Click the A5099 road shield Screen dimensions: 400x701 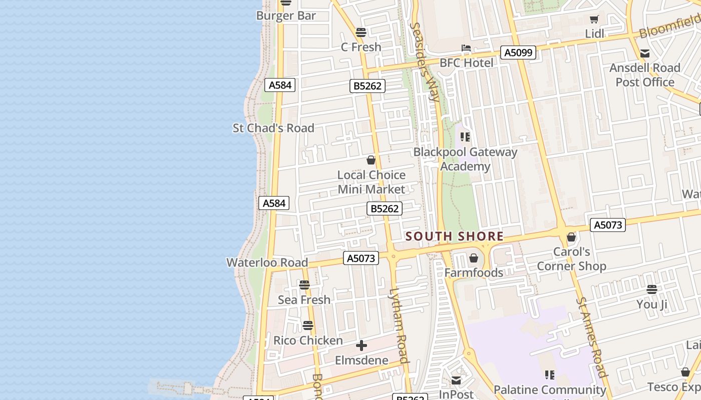(518, 52)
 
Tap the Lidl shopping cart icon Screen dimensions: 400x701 (594, 19)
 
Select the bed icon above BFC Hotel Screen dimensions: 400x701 (466, 48)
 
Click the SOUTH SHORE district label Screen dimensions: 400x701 (454, 236)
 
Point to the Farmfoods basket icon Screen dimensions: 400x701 (474, 258)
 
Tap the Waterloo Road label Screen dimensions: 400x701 (267, 262)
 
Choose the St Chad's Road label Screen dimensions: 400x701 (273, 128)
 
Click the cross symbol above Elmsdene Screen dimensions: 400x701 (361, 345)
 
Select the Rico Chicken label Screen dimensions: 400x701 (308, 340)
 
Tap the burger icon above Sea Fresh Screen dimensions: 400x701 (304, 285)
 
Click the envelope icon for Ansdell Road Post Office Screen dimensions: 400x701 (645, 53)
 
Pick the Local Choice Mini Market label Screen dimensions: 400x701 (371, 182)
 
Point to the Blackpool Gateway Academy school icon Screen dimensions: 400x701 (465, 136)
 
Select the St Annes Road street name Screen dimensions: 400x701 (592, 337)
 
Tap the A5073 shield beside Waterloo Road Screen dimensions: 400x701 (361, 258)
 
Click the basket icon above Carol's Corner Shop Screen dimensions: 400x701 (571, 237)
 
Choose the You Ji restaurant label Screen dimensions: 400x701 (651, 304)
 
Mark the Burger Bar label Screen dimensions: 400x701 (286, 15)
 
